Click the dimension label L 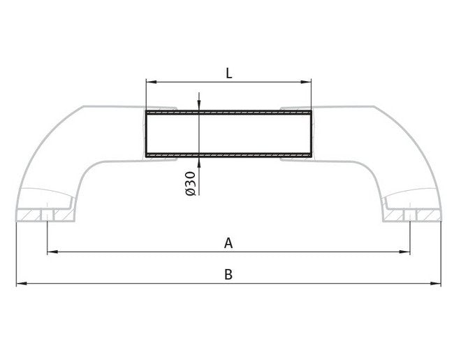click(x=228, y=72)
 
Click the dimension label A click(x=228, y=243)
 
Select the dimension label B click(x=228, y=275)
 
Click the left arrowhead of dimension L click(x=149, y=82)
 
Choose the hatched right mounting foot click(x=413, y=215)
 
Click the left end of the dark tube click(x=146, y=133)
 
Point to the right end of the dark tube click(x=311, y=133)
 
